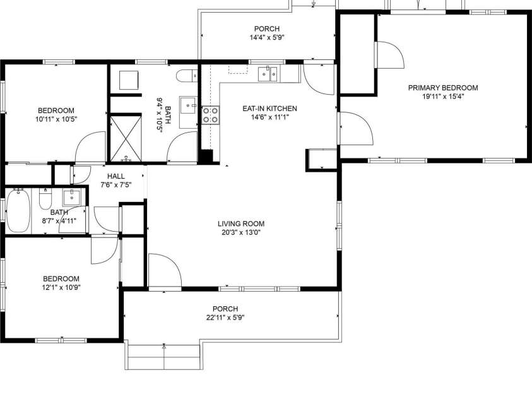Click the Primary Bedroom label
pyautogui.click(x=442, y=88)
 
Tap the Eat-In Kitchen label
pyautogui.click(x=269, y=108)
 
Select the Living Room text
pyautogui.click(x=240, y=223)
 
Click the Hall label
pyautogui.click(x=116, y=176)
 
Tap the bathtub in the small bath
pyautogui.click(x=18, y=211)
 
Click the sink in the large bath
pyautogui.click(x=187, y=104)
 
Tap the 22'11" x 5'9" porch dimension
pyautogui.click(x=225, y=318)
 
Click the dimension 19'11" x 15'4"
pyautogui.click(x=442, y=97)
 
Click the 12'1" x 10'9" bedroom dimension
pyautogui.click(x=61, y=287)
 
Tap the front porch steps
pyautogui.click(x=163, y=357)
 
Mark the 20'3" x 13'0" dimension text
pyautogui.click(x=240, y=232)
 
